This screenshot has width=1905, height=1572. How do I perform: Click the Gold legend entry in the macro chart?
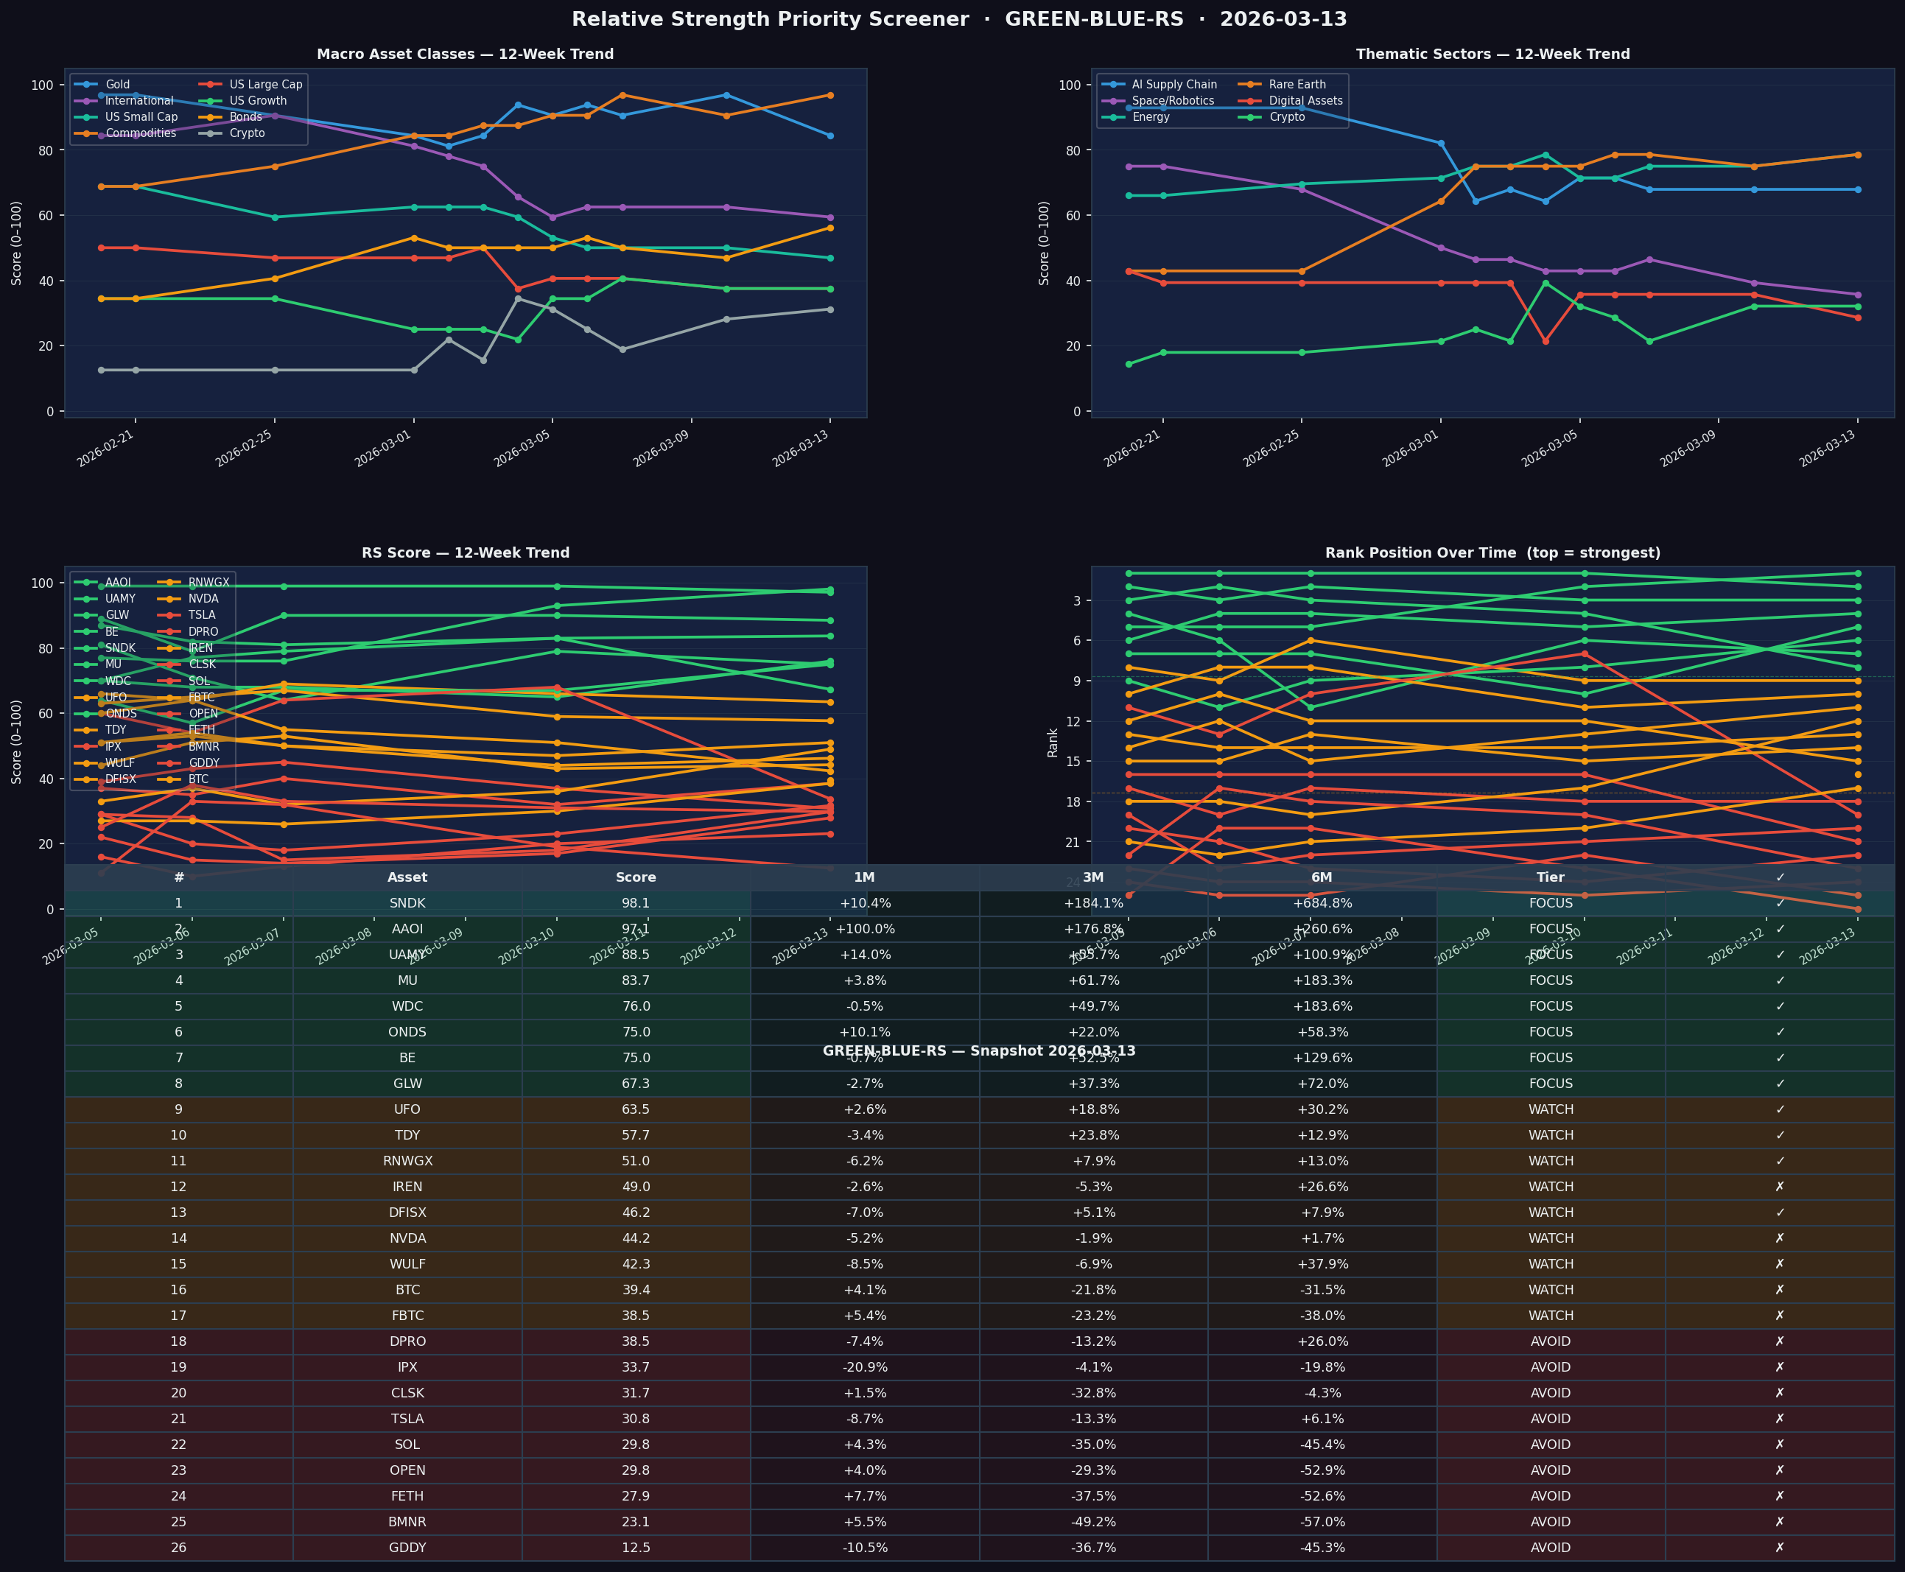tap(117, 84)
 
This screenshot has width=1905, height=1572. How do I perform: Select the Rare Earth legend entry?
tap(1297, 84)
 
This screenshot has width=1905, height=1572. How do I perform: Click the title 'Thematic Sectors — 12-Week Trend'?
tap(1492, 55)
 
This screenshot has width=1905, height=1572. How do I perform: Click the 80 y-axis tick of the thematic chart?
tap(1070, 150)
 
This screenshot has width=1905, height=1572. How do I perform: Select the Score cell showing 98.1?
tap(636, 903)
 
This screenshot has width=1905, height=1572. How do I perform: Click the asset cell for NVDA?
tap(407, 1238)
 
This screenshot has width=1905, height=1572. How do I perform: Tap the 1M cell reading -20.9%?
tap(865, 1367)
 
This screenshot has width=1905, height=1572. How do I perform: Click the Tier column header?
tap(1550, 877)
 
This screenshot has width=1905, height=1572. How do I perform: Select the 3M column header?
tap(1093, 877)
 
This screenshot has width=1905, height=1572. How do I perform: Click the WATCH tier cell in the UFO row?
tap(1550, 1109)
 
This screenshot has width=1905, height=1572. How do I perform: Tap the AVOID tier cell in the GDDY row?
tap(1550, 1548)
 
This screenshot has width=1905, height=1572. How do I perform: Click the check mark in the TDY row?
tap(1779, 1134)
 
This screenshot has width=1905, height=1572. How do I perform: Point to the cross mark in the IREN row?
tap(1779, 1186)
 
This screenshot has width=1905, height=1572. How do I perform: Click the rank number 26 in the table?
tap(178, 1548)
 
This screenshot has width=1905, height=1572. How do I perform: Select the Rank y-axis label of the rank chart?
tap(1052, 743)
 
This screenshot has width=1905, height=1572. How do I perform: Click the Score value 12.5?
tap(636, 1548)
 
